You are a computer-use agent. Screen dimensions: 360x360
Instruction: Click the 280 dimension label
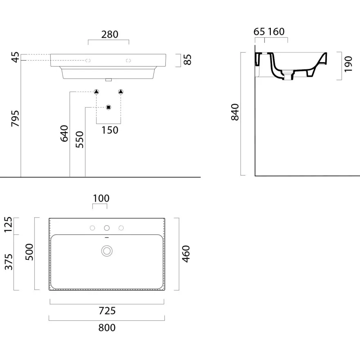click(x=110, y=34)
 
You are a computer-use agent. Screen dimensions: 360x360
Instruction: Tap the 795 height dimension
click(x=16, y=119)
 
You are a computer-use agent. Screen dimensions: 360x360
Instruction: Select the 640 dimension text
click(x=64, y=133)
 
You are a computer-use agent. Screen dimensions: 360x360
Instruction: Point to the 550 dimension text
click(x=80, y=139)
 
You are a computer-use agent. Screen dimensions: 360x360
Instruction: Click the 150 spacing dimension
click(x=110, y=130)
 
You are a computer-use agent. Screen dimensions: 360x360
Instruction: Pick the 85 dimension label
click(x=188, y=60)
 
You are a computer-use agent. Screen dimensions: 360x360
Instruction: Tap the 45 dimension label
click(x=16, y=57)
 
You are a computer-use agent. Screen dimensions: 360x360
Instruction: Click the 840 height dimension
click(x=235, y=112)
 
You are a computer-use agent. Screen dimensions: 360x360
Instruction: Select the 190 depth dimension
click(x=348, y=64)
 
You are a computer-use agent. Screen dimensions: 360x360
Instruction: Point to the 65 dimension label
click(x=259, y=32)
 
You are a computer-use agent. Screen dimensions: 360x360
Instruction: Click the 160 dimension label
click(x=276, y=32)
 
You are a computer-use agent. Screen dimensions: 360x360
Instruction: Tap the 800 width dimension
click(x=107, y=328)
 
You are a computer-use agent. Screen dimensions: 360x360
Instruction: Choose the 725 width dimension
click(x=107, y=311)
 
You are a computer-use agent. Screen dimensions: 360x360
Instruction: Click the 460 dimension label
click(x=186, y=254)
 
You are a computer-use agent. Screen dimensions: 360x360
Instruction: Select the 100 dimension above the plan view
click(x=101, y=198)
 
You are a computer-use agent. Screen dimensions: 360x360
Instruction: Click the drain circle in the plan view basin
click(x=107, y=251)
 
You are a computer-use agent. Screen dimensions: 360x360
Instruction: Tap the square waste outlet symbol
click(x=108, y=107)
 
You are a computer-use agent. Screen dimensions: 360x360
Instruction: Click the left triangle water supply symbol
click(x=97, y=92)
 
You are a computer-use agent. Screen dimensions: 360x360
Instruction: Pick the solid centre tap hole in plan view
click(x=107, y=228)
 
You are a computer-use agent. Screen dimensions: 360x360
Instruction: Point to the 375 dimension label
click(x=9, y=262)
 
